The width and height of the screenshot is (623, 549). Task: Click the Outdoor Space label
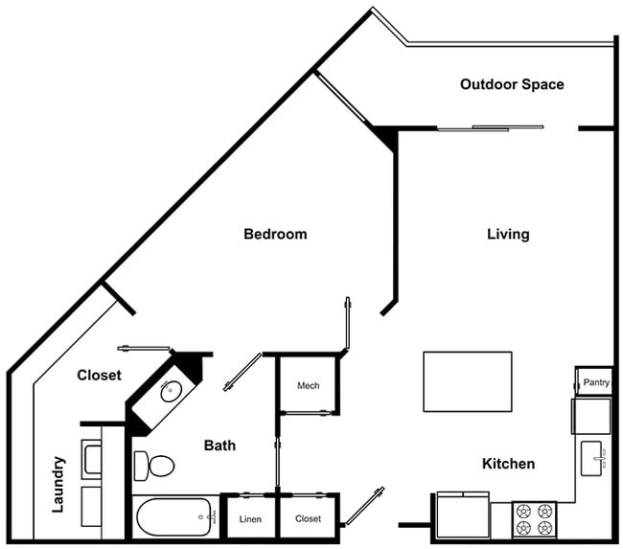[x=512, y=84]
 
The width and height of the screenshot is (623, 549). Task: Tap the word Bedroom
[x=275, y=234]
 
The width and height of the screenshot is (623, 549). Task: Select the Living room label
[x=508, y=234]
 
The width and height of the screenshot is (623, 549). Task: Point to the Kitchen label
[x=508, y=464]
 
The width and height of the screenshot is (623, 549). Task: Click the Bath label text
[x=219, y=446]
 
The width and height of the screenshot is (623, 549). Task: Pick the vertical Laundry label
[x=58, y=484]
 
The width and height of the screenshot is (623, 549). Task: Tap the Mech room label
[x=308, y=386]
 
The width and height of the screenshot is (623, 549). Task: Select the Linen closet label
[x=250, y=519]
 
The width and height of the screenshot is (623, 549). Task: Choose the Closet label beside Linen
[x=308, y=519]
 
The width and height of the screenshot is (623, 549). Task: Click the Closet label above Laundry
[x=100, y=376]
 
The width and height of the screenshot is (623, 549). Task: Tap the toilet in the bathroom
[x=154, y=466]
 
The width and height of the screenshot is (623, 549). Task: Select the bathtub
[x=176, y=519]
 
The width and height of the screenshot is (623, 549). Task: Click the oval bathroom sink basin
[x=172, y=390]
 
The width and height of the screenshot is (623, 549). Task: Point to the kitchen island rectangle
[x=467, y=381]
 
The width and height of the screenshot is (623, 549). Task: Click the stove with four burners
[x=533, y=520]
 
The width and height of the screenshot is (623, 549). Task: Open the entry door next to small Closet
[x=363, y=506]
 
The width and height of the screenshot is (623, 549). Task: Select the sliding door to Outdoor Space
[x=490, y=127]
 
